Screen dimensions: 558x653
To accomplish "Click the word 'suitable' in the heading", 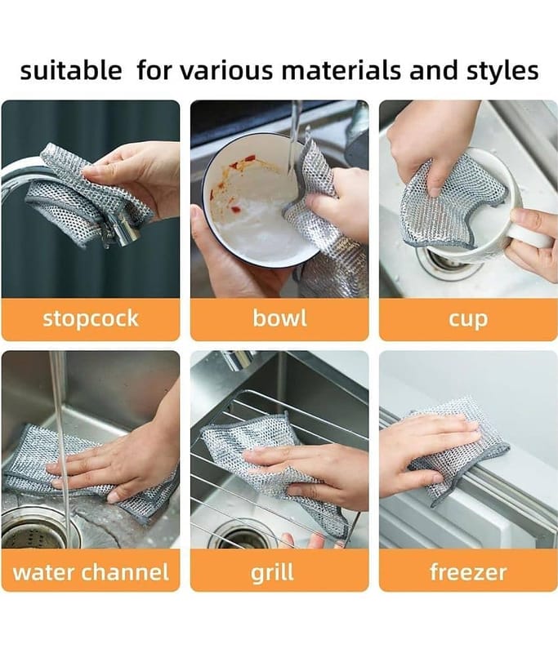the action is click(x=71, y=70).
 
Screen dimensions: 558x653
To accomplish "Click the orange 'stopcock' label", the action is click(x=91, y=319).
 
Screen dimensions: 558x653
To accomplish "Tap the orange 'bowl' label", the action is click(x=279, y=319).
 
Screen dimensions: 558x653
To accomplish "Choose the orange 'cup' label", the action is click(x=468, y=319).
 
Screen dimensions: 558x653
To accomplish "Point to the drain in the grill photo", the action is click(x=242, y=536).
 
